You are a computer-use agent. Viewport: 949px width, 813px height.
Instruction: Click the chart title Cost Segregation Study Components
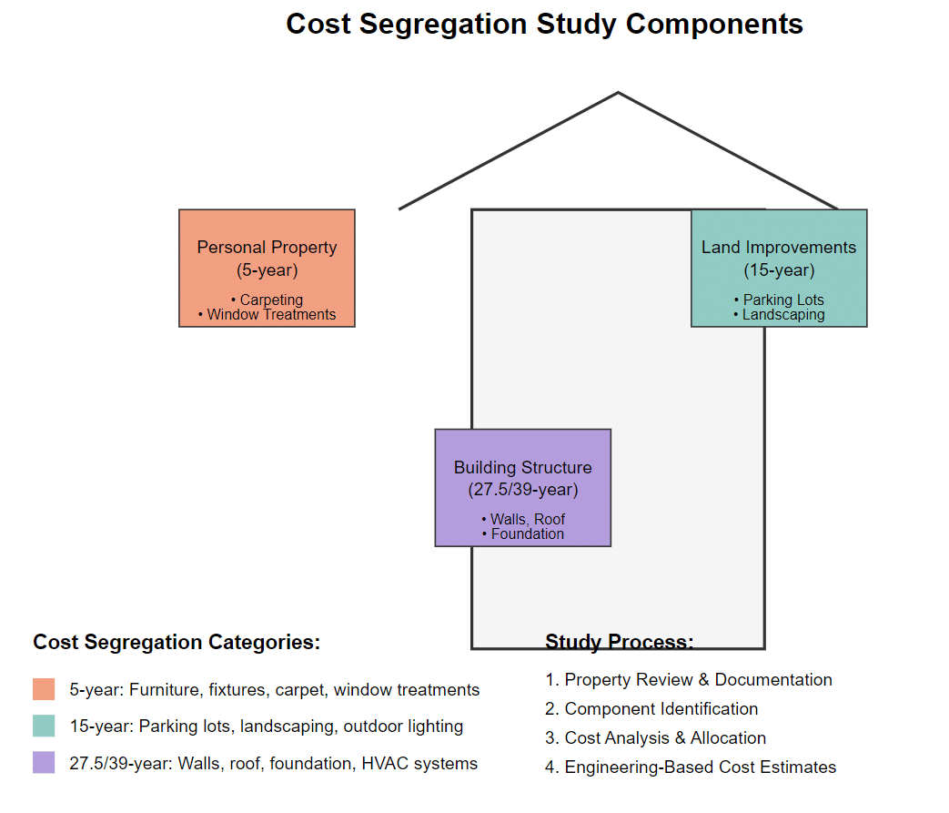tap(544, 24)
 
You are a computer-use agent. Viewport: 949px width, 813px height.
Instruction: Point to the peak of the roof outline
tap(619, 93)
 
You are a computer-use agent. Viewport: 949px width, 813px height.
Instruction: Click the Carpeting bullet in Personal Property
tap(267, 300)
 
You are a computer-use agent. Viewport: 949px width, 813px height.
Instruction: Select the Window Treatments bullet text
tap(267, 315)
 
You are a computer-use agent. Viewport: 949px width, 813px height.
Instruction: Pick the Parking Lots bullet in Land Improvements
tap(779, 300)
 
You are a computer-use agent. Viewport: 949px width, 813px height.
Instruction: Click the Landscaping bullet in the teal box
tap(779, 315)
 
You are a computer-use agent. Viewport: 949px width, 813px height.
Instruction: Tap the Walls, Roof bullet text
tap(522, 519)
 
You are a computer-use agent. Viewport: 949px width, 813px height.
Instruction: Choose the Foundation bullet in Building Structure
tap(522, 534)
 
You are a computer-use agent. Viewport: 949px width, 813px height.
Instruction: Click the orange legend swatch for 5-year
tap(44, 689)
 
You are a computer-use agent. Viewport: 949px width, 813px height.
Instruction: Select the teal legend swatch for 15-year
tap(44, 726)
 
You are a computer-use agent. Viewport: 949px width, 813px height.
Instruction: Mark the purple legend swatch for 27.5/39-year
tap(44, 763)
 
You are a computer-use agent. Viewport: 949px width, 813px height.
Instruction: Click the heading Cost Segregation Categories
tap(177, 642)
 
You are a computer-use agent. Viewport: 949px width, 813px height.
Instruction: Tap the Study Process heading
tap(619, 642)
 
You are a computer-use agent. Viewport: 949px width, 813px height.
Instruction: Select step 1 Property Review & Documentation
tap(689, 680)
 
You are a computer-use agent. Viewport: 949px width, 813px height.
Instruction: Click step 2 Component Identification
tap(651, 709)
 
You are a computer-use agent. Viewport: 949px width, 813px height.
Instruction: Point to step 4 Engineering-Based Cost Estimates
tap(691, 767)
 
